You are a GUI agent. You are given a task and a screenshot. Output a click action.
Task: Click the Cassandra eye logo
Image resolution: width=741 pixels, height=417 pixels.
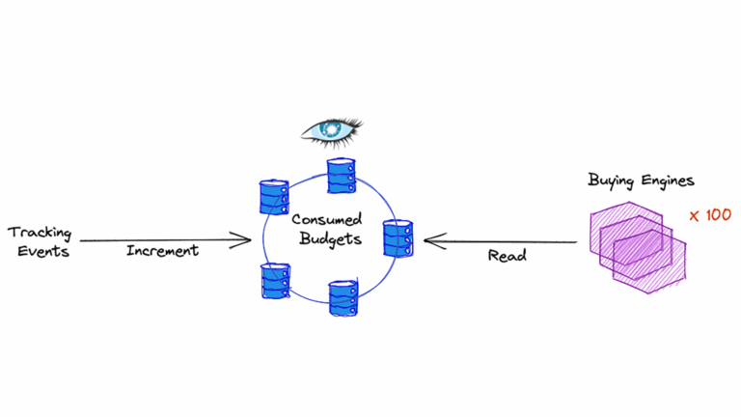pyautogui.click(x=329, y=128)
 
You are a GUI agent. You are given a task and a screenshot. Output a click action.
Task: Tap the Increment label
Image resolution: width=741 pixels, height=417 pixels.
pyautogui.click(x=162, y=251)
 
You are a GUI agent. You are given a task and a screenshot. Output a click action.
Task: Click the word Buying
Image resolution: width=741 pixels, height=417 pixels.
pyautogui.click(x=611, y=180)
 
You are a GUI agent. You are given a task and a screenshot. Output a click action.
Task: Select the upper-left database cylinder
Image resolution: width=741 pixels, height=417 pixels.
pyautogui.click(x=274, y=197)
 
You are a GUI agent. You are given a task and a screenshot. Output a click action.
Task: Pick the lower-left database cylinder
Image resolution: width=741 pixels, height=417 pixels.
pyautogui.click(x=274, y=280)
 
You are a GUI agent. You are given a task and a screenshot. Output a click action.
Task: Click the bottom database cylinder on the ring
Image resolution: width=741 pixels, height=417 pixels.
pyautogui.click(x=343, y=298)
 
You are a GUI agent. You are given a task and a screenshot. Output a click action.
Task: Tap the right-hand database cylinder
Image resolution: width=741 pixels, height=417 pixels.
pyautogui.click(x=398, y=238)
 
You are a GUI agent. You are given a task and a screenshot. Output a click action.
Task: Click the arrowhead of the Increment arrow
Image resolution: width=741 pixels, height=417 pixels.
pyautogui.click(x=245, y=240)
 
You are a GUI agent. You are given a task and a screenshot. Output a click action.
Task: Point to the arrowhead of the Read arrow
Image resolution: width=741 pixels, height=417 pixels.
pyautogui.click(x=431, y=240)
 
